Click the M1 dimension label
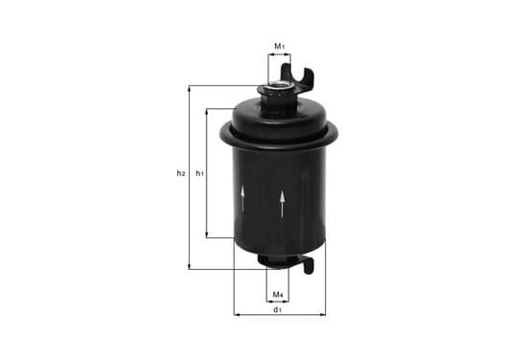point(279,46)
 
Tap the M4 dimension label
point(278,295)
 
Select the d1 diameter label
point(277,309)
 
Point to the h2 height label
point(181,173)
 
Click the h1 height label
point(200,173)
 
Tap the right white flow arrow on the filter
point(282,204)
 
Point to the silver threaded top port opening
point(278,87)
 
